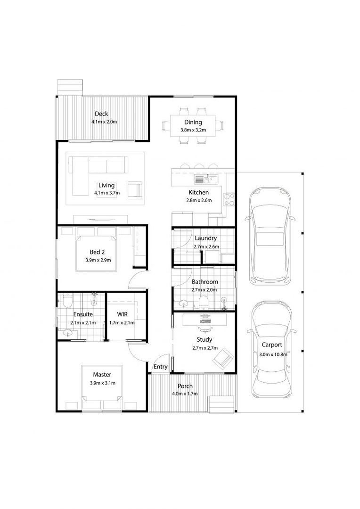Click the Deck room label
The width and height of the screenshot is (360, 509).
click(x=101, y=114)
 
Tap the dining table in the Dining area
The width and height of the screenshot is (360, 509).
click(x=193, y=126)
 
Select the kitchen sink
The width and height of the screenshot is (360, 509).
click(x=207, y=179)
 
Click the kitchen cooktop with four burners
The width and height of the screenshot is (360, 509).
click(x=229, y=200)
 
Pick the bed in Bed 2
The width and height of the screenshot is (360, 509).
click(x=96, y=249)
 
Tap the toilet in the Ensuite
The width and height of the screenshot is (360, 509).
click(x=67, y=301)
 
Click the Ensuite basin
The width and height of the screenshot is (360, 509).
click(x=68, y=333)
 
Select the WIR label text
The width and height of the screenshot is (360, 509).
click(x=123, y=314)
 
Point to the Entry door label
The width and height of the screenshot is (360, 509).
click(x=160, y=367)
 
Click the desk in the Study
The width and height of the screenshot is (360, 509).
click(x=205, y=320)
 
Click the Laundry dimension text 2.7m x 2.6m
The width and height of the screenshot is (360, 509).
click(x=206, y=246)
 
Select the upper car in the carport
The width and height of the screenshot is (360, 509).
click(x=270, y=235)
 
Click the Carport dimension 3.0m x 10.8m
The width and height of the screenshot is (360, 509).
click(x=273, y=354)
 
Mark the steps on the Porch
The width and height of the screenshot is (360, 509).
click(x=222, y=404)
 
